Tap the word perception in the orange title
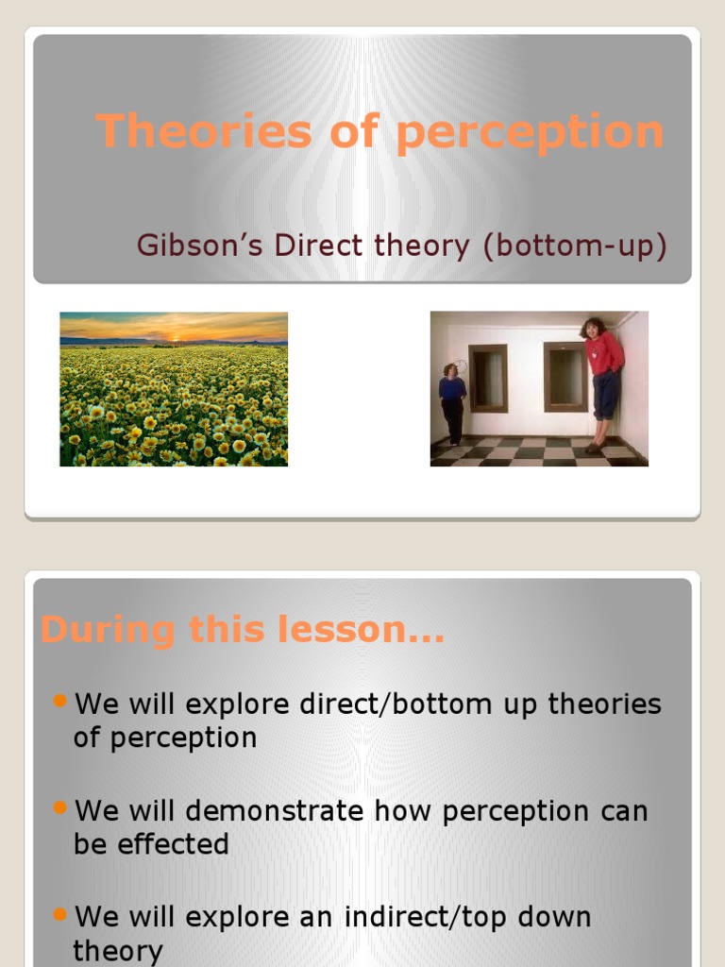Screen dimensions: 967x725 click(x=530, y=132)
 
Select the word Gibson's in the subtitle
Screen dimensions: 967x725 click(x=200, y=246)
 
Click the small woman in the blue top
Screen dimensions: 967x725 click(x=452, y=400)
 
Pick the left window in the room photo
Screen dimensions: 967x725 click(x=487, y=377)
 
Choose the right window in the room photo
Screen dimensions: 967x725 click(x=565, y=376)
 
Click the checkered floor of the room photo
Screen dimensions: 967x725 click(x=529, y=451)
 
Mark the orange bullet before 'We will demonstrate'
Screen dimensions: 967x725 click(x=61, y=807)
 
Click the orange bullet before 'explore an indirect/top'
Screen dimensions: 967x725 click(x=61, y=913)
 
